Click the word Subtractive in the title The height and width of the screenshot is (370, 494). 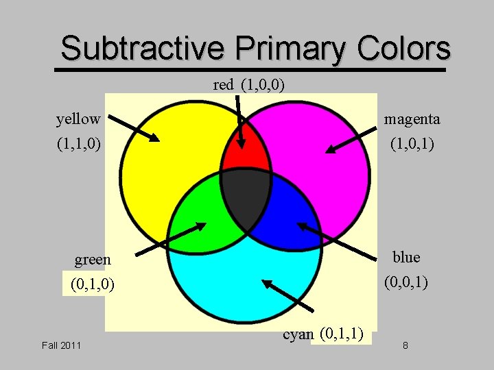tap(142, 49)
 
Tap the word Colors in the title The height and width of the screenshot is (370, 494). tap(404, 49)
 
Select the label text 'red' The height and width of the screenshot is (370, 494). tap(224, 85)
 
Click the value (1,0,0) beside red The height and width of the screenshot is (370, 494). tap(263, 85)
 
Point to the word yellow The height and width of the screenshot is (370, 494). tap(78, 119)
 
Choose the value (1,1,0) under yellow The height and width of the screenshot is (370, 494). tap(79, 145)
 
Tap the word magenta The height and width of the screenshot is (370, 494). tap(412, 119)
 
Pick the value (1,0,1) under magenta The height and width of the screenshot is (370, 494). tap(412, 145)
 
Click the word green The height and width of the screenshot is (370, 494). tap(93, 260)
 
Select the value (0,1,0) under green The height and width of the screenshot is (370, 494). tap(93, 284)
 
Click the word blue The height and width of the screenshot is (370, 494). tap(406, 258)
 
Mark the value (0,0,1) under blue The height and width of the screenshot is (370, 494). tap(406, 282)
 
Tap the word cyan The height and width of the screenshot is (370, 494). tap(298, 334)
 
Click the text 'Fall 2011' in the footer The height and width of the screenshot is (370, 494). tap(61, 345)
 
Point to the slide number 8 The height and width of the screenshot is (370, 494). tap(405, 345)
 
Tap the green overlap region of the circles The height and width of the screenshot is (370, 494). tap(199, 219)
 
